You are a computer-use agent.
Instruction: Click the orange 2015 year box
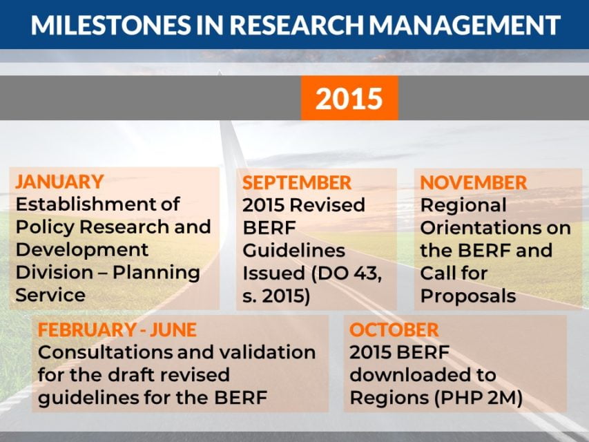click(349, 98)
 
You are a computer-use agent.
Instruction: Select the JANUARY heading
click(59, 182)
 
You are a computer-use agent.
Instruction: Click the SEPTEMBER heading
click(297, 183)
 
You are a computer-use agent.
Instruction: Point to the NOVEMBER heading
click(474, 183)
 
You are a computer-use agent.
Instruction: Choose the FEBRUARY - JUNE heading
click(117, 329)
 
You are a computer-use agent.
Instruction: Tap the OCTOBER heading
click(394, 329)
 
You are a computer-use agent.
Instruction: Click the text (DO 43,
click(343, 273)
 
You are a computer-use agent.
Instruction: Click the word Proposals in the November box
click(468, 296)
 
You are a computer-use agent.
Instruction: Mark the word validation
click(267, 352)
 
